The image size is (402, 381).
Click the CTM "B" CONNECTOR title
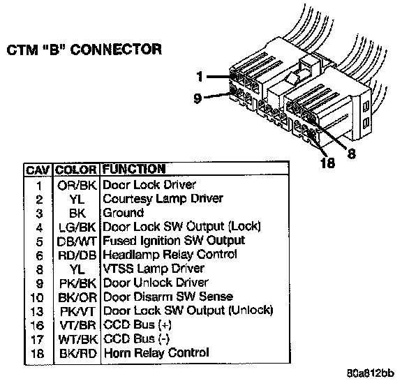point(84,50)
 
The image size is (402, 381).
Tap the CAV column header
point(38,170)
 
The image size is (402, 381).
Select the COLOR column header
point(76,170)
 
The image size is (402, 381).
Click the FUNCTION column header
point(134,169)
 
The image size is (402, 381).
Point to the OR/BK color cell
point(77,185)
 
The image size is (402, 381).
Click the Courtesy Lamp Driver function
point(163,199)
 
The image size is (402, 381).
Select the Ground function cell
point(123,213)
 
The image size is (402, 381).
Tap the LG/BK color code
point(77,227)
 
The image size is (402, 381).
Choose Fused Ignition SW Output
point(174,241)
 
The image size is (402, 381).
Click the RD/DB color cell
point(77,255)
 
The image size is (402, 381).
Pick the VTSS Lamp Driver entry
point(154,269)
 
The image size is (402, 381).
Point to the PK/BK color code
point(77,283)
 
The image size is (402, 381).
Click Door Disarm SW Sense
point(168,297)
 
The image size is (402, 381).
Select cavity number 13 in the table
point(37,311)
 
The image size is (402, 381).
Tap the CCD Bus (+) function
point(137,325)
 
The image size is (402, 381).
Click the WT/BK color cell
point(77,339)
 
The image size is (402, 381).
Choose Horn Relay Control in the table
point(156,353)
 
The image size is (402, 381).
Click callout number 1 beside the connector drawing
point(200,77)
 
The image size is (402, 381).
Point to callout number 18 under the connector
point(327,163)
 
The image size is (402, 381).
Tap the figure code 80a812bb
point(371,373)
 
